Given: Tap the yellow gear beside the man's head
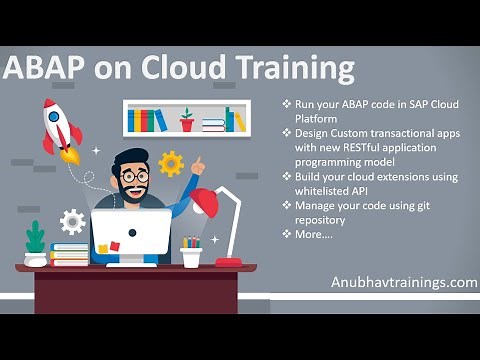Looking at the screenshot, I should (171, 163).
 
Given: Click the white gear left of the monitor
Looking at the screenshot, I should (72, 221).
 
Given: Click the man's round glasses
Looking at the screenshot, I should (135, 176).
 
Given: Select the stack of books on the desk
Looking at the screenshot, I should (70, 255).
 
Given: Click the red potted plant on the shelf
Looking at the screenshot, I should (186, 120).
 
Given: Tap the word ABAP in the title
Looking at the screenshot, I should (43, 69).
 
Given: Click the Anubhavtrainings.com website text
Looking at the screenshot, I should (404, 282).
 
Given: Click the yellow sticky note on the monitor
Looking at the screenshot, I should (114, 246).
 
